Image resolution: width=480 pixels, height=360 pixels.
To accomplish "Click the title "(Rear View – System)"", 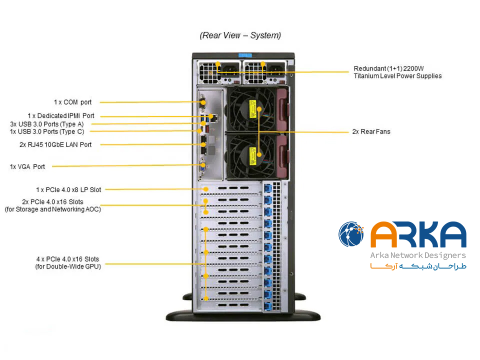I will (240, 35).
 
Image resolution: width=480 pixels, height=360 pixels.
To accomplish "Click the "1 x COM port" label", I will (73, 102).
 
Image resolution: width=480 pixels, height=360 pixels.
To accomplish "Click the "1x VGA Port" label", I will (27, 166).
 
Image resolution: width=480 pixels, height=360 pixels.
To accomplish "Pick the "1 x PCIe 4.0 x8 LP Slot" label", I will (68, 189).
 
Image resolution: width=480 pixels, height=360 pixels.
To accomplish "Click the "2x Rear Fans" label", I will (371, 131).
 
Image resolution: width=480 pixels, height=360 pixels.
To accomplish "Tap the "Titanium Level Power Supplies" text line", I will (397, 76).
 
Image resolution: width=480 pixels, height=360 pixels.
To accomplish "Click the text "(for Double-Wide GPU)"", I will (68, 266).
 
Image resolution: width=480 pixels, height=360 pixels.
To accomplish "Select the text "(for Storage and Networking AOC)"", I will (53, 209).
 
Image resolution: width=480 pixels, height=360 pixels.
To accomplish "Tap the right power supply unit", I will (262, 71).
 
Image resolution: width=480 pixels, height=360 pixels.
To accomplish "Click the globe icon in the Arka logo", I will (351, 234).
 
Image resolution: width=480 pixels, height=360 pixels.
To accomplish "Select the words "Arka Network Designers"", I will (417, 256).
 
